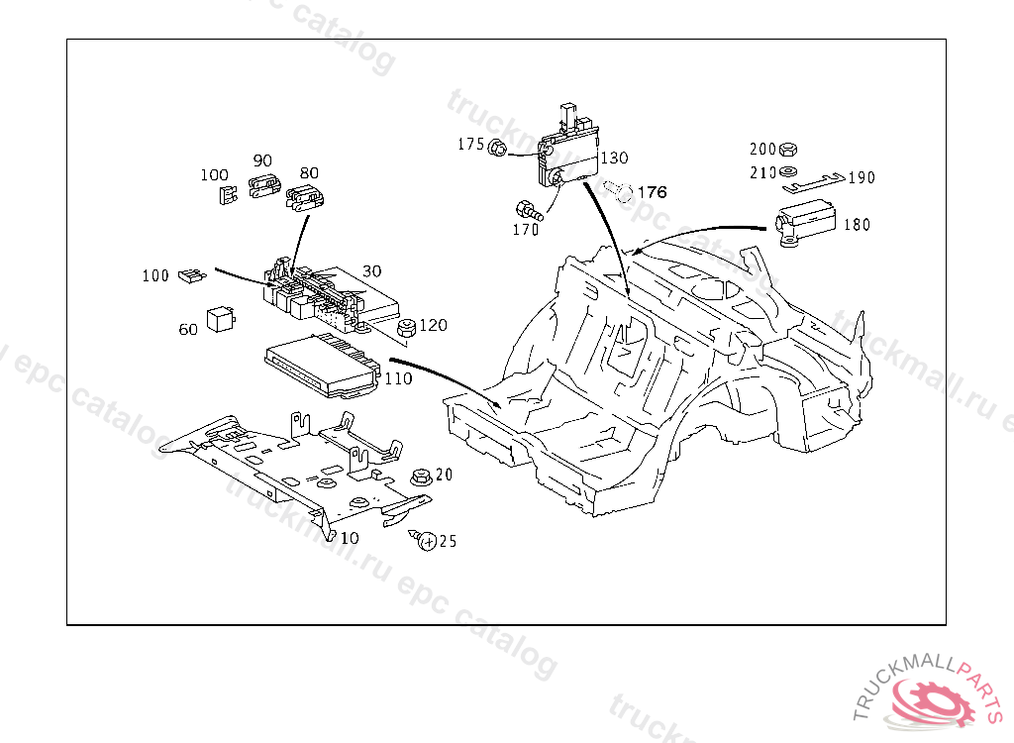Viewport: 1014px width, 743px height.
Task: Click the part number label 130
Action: coord(614,158)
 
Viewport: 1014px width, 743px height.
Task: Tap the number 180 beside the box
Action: coord(857,225)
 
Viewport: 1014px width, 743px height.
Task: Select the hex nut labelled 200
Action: coord(788,151)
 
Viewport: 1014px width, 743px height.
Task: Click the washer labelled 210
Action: coord(788,173)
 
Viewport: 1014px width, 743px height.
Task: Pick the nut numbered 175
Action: coord(499,148)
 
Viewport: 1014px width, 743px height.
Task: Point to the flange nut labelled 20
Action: coord(419,476)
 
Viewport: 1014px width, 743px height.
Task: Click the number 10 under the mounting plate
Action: coord(350,538)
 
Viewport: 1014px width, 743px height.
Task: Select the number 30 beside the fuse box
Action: coord(371,270)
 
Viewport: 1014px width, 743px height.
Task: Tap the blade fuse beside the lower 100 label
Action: coord(190,276)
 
